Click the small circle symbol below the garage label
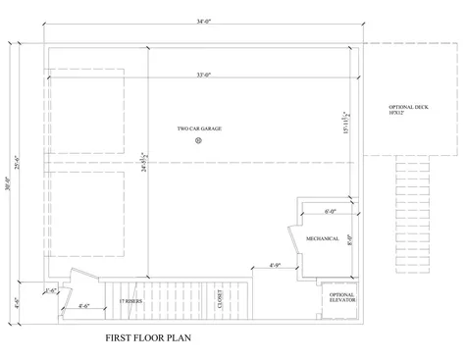(x=198, y=140)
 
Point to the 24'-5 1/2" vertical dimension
(x=145, y=163)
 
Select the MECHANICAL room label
(x=323, y=238)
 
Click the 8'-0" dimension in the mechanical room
(x=348, y=235)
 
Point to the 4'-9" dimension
(x=277, y=265)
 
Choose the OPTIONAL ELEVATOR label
(x=341, y=298)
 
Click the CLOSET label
(x=220, y=298)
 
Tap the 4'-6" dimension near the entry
(x=85, y=307)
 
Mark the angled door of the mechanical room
(x=292, y=241)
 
